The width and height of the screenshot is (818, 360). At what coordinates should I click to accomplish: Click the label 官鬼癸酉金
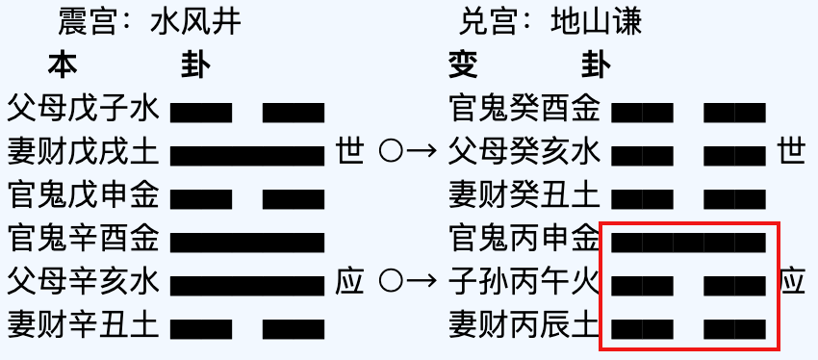click(x=525, y=109)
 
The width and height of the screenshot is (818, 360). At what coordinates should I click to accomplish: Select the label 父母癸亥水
click(x=525, y=152)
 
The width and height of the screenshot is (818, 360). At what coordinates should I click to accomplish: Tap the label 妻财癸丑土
click(x=525, y=195)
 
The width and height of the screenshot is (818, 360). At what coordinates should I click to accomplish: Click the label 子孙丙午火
click(x=525, y=282)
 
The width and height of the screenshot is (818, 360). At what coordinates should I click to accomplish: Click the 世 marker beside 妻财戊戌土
click(x=349, y=152)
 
